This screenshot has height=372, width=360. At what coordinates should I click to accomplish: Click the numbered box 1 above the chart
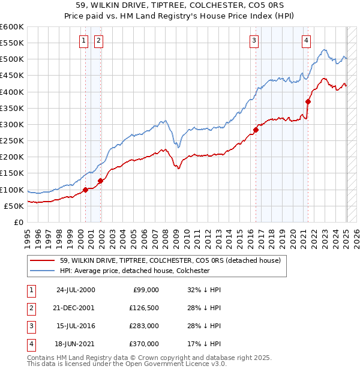pyautogui.click(x=83, y=41)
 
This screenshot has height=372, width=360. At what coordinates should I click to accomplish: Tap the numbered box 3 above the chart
pyautogui.click(x=254, y=41)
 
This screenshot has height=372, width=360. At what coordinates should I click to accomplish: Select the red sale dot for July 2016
pyautogui.click(x=256, y=130)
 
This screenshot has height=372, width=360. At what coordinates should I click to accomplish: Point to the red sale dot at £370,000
pyautogui.click(x=308, y=101)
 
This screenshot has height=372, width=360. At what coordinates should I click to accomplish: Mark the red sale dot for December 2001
pyautogui.click(x=100, y=181)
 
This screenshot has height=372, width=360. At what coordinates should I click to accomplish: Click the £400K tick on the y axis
pyautogui.click(x=12, y=92)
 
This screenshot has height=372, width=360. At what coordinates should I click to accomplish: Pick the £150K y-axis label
pyautogui.click(x=12, y=173)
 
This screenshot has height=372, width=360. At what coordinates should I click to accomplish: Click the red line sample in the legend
pyautogui.click(x=43, y=260)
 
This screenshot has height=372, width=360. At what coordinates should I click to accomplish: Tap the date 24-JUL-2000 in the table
pyautogui.click(x=75, y=290)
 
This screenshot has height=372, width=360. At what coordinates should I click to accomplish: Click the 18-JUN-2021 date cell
pyautogui.click(x=75, y=344)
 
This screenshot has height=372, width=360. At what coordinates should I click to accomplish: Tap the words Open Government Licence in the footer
pyautogui.click(x=178, y=364)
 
